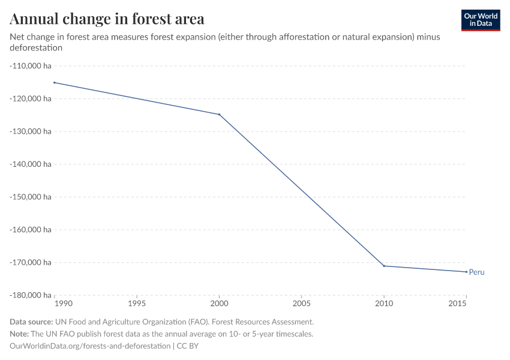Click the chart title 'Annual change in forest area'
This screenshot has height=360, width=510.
pos(107,19)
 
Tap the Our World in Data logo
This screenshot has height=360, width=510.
pos(480,20)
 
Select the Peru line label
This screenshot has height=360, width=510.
pos(476,272)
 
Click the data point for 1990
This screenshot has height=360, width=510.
pos(55,82)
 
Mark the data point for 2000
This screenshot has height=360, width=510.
pos(219,115)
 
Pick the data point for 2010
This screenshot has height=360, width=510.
pos(384,266)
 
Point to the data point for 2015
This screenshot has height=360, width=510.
pos(466,272)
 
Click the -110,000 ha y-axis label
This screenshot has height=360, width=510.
pos(30,65)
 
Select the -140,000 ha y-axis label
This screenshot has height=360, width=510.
pos(30,164)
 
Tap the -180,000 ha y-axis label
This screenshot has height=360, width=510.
pos(30,295)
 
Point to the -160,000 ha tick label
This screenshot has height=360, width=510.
pos(30,229)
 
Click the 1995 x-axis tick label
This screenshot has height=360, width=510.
pos(137,304)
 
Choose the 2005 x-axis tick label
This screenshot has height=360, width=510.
pos(302,304)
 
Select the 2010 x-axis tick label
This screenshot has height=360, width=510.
pos(384,304)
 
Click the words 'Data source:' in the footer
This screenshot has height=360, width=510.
pos(31,322)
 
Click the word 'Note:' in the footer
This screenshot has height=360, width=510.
pos(20,334)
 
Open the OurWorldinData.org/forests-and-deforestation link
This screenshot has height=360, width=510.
pos(90,346)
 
